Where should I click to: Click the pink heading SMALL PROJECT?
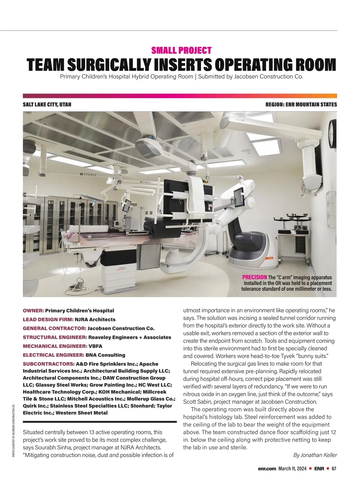[x=181, y=50]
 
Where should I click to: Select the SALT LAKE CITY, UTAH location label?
[x=47, y=105]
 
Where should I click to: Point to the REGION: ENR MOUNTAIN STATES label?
[x=301, y=105]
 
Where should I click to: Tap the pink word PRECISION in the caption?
[x=254, y=277]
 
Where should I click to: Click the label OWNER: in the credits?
[x=33, y=310]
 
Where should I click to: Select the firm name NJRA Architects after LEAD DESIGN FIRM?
[x=95, y=319]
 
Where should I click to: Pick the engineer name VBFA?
[x=95, y=346]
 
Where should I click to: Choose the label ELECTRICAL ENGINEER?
[x=53, y=355]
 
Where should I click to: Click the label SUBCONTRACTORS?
[x=49, y=364]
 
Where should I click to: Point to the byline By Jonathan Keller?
[x=315, y=455]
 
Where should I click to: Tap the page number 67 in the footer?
[x=334, y=469]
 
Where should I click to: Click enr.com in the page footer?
[x=267, y=469]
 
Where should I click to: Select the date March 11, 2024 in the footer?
[x=292, y=469]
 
